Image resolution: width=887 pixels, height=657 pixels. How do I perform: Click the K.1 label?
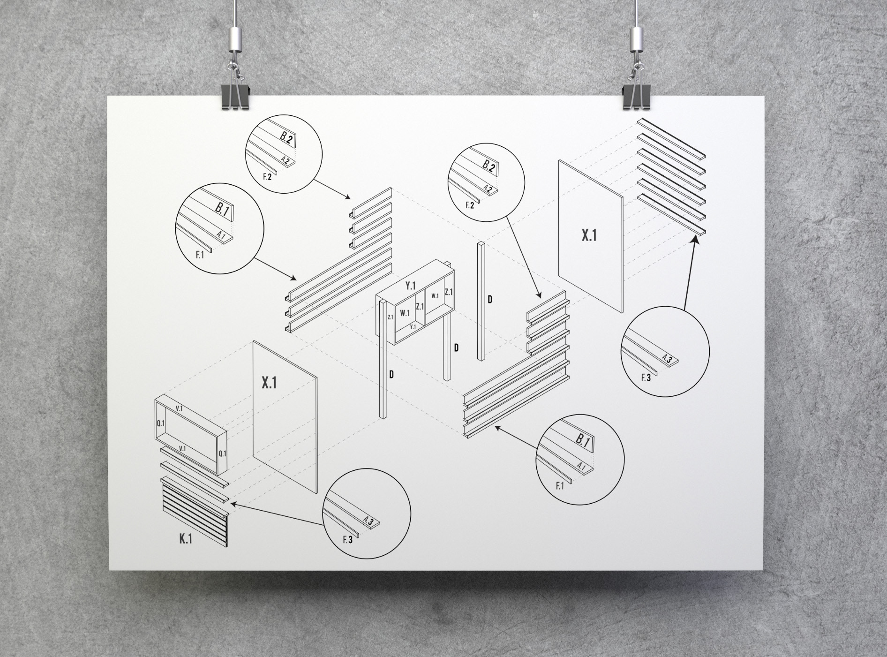click(186, 539)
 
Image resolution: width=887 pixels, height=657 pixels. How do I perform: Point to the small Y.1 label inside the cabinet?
click(413, 327)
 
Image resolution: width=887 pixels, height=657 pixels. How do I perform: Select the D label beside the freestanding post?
click(490, 299)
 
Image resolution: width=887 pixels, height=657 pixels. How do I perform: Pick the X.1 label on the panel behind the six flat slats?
click(589, 235)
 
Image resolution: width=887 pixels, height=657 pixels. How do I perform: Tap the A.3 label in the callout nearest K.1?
click(368, 521)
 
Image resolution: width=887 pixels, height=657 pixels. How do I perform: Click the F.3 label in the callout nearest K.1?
click(347, 540)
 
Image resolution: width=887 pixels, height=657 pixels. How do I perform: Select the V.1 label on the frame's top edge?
click(179, 409)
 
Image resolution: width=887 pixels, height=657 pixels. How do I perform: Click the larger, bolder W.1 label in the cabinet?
click(405, 313)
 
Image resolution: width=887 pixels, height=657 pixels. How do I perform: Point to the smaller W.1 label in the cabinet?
click(435, 296)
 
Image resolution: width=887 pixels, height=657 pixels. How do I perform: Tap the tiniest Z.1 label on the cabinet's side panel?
click(390, 317)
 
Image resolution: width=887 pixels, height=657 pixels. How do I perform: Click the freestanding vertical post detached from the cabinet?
click(481, 301)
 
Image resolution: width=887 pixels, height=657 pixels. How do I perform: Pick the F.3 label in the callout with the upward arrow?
click(646, 377)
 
